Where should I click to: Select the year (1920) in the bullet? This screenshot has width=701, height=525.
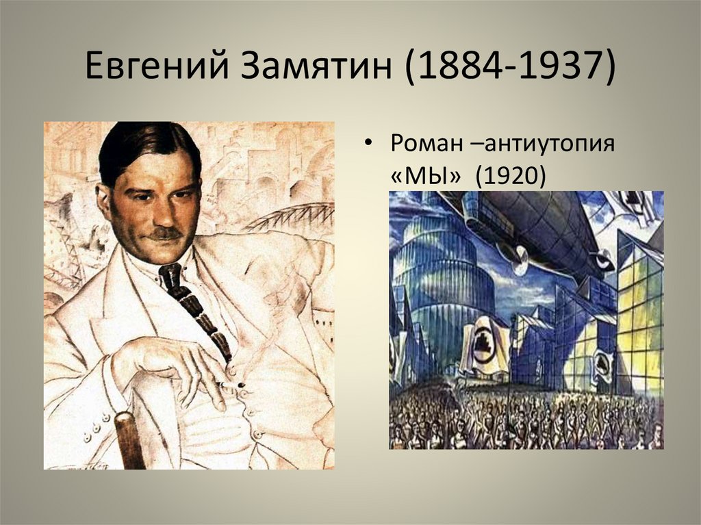tap(511, 176)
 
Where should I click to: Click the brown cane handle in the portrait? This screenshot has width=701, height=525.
tap(130, 438)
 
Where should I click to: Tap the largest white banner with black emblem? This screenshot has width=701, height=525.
tap(485, 346)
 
